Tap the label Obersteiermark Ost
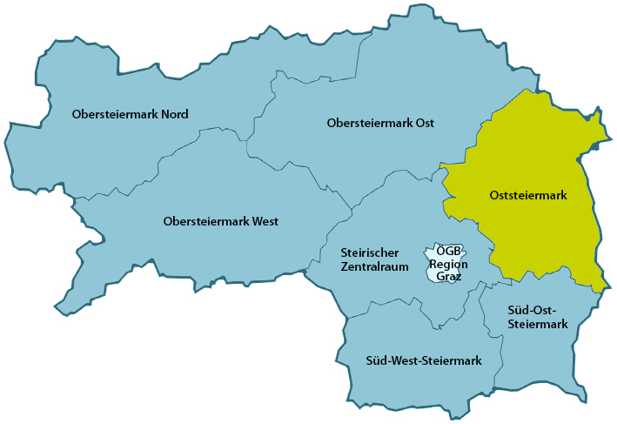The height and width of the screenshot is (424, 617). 380,123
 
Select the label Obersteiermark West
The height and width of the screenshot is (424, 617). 220,221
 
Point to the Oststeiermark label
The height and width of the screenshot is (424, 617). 528,196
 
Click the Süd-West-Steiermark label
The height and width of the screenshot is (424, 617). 424,360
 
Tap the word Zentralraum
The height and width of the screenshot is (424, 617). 374,267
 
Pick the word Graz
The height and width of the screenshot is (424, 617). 448,276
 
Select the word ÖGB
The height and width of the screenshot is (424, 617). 448,252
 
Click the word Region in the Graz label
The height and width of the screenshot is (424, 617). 448,264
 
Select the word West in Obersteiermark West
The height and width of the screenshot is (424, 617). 264,221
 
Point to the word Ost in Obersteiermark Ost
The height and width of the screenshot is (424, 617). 424,123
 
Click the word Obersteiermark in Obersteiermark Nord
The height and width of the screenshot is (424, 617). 115,114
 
